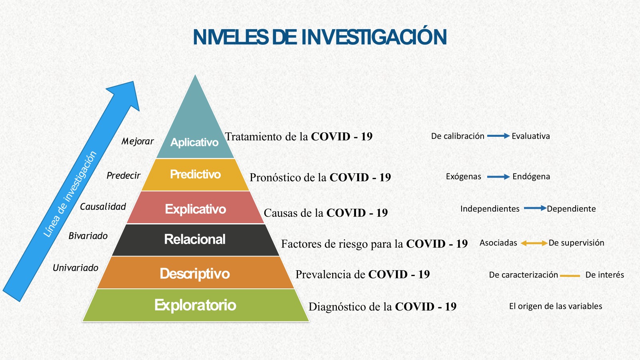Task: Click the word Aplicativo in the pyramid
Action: pos(194,142)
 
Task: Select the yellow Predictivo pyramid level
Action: pos(196,174)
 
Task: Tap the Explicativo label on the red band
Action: pos(196,209)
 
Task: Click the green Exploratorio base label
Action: pos(196,305)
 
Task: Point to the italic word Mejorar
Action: pos(138,141)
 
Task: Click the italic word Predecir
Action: pos(124,175)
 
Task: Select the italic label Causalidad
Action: pos(103,206)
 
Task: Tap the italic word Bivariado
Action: pos(88,236)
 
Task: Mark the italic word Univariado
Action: pos(76,268)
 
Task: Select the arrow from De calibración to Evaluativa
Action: pos(498,136)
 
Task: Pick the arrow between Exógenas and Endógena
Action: pos(498,177)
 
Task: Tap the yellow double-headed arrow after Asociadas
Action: pos(534,243)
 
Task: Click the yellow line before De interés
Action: pos(570,276)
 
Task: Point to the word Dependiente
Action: pos(571,209)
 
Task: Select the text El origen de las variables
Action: pos(556,306)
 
